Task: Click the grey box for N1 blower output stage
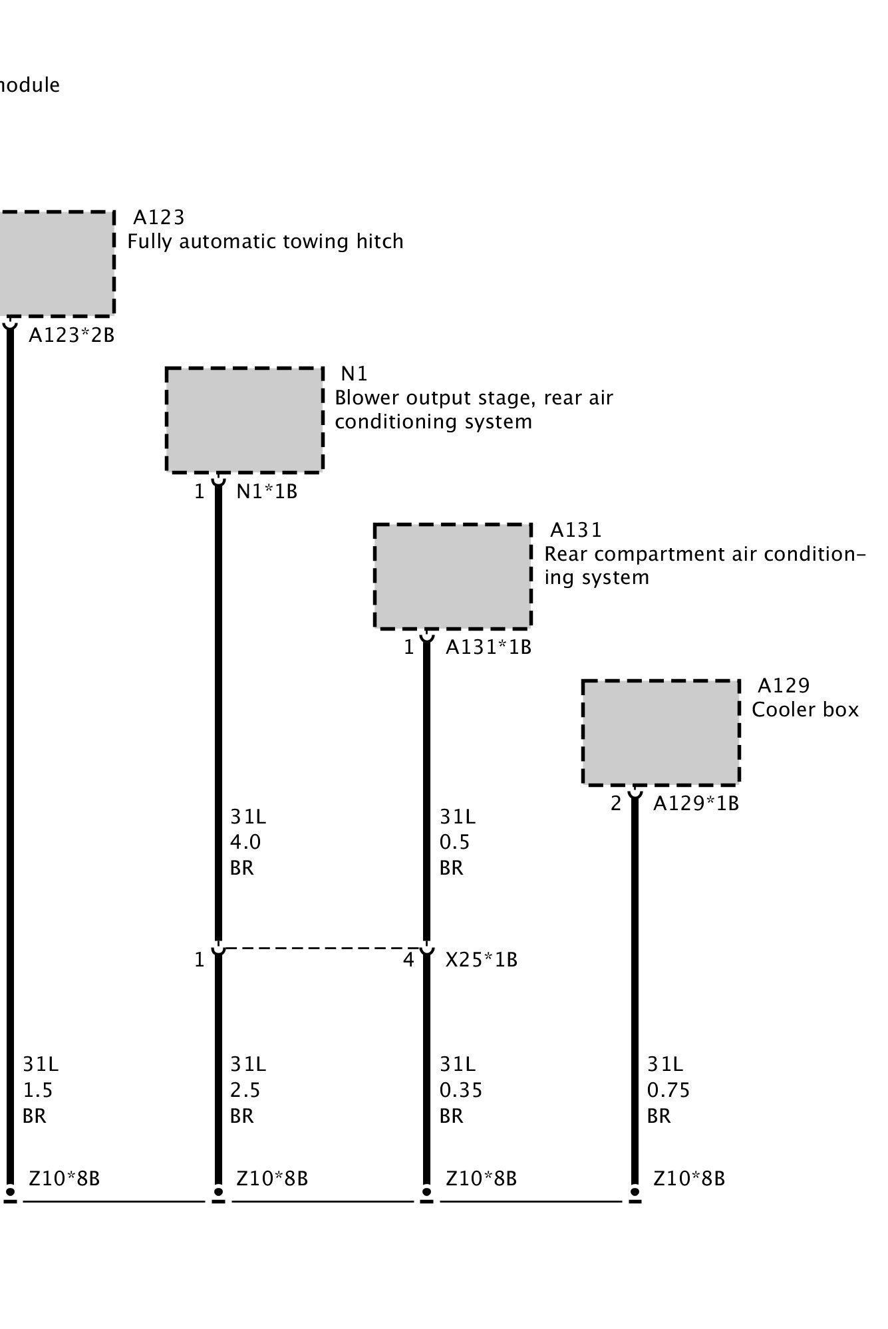point(244,420)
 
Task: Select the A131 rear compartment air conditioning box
point(452,576)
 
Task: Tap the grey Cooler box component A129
point(661,732)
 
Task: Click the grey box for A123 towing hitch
point(57,263)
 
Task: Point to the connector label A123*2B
point(71,335)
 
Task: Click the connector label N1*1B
point(267,492)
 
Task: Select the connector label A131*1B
point(488,647)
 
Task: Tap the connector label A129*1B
point(696,804)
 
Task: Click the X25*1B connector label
point(481,960)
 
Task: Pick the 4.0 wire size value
point(245,842)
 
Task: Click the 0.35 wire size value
point(460,1090)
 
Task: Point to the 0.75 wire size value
point(668,1090)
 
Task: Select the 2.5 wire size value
point(245,1090)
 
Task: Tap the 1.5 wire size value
point(37,1090)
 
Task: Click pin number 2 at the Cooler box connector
point(615,804)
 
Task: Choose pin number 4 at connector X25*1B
point(408,960)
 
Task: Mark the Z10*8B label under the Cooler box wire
point(688,1179)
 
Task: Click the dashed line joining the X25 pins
point(323,948)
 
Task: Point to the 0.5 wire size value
point(454,842)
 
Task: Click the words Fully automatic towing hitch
point(265,241)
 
